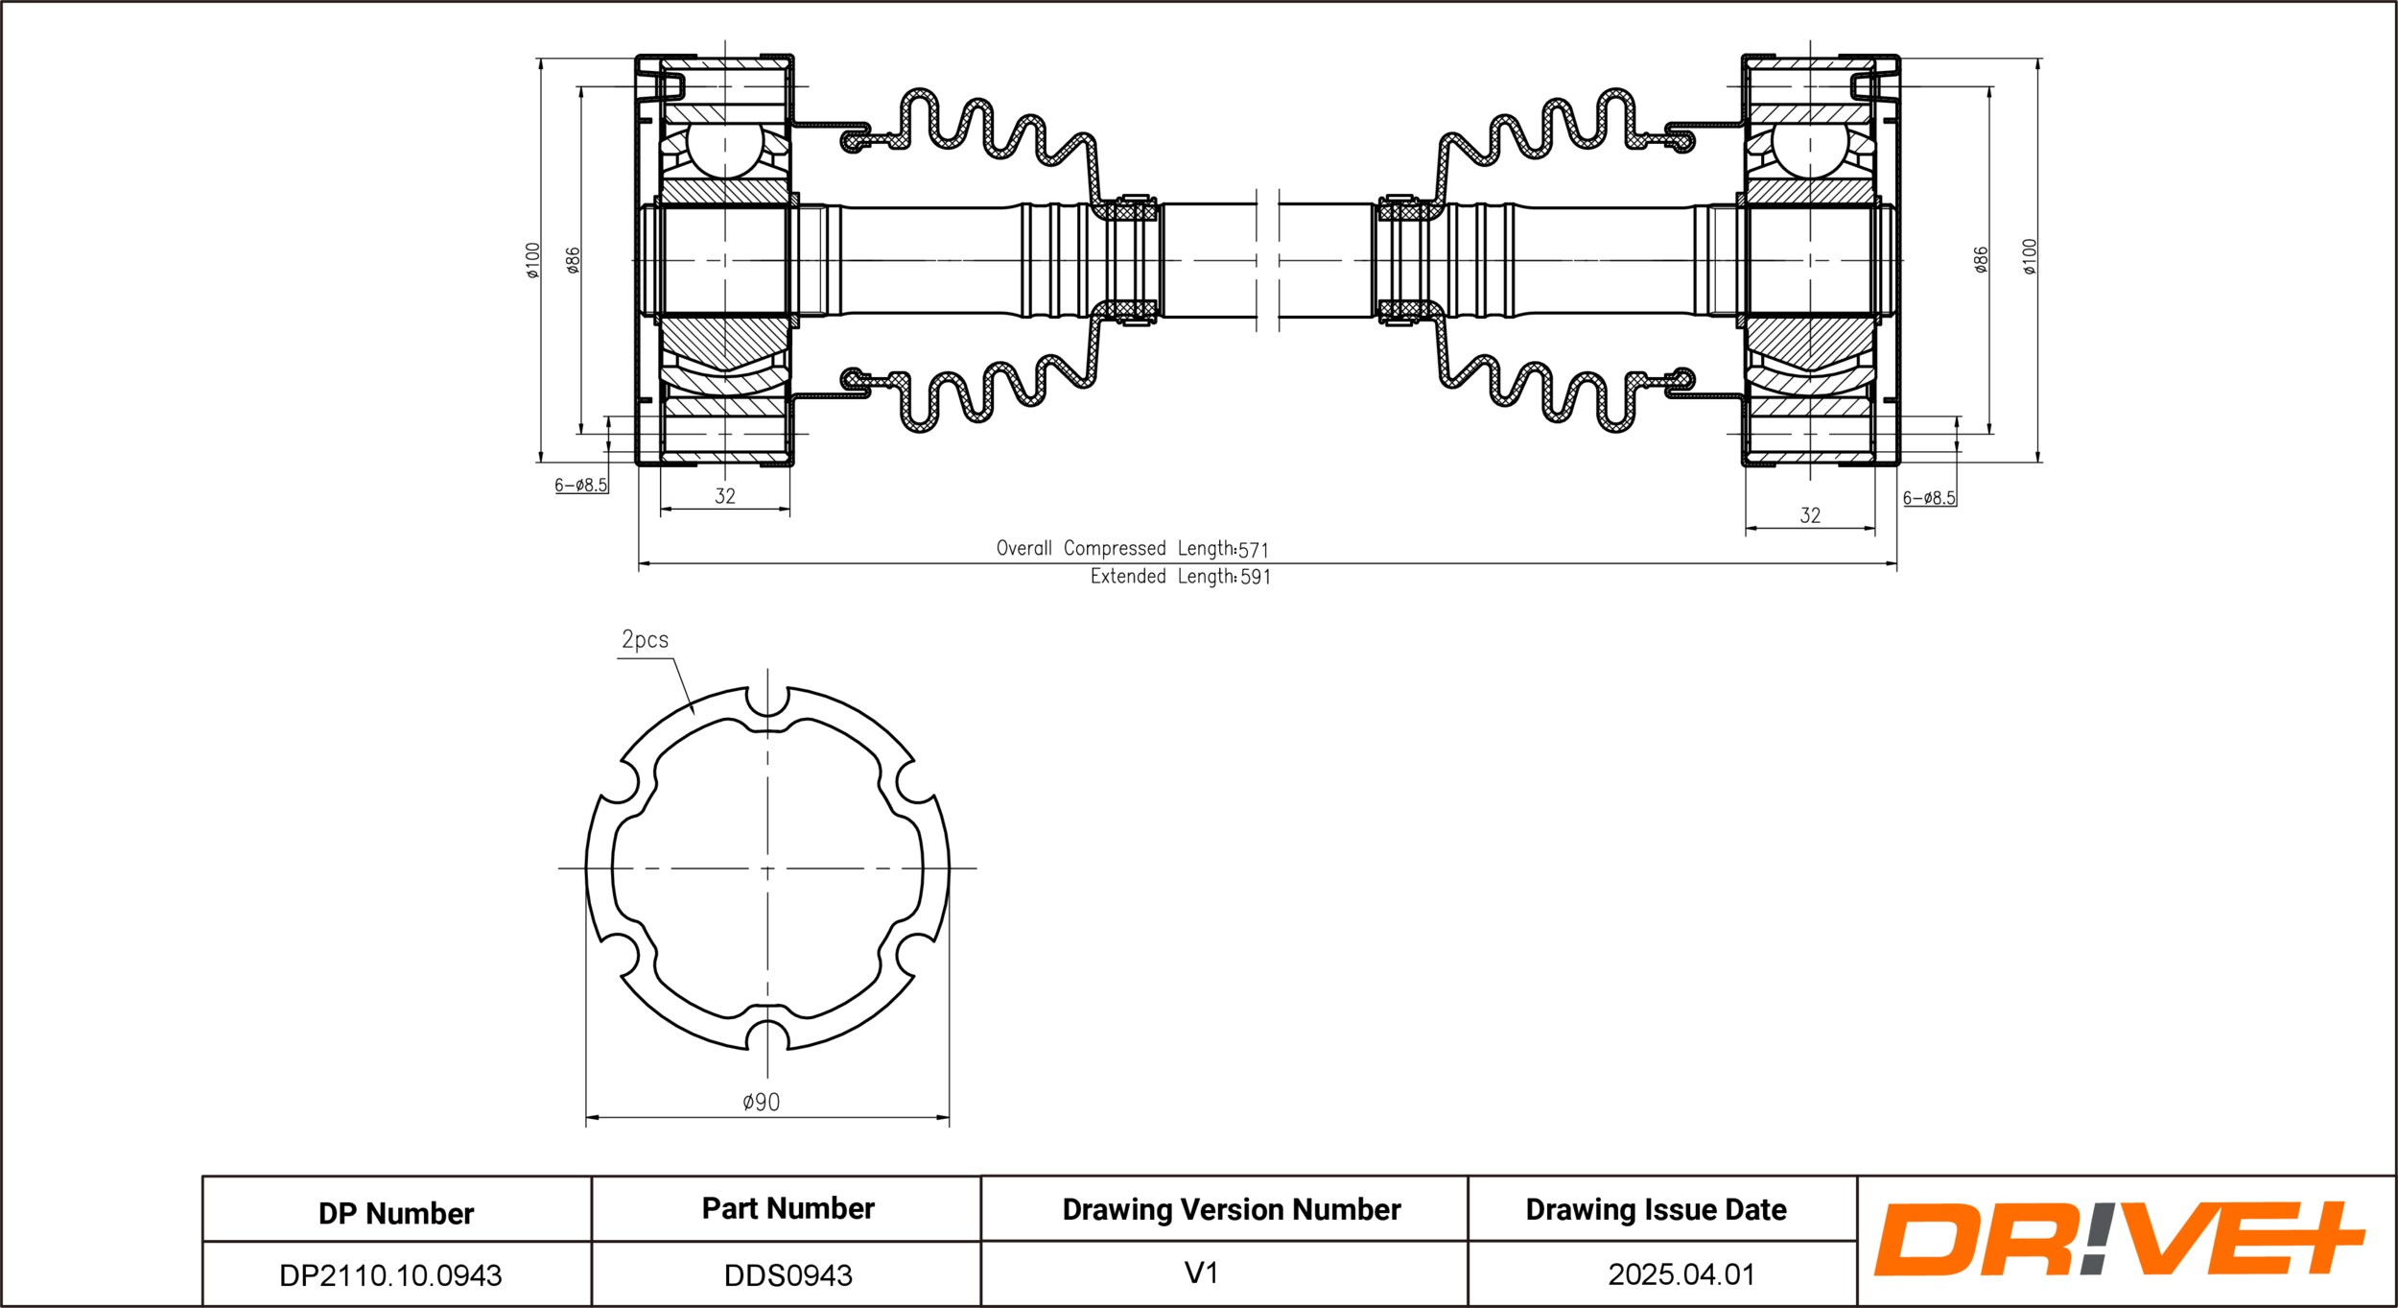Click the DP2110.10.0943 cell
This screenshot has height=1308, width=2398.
click(x=390, y=1275)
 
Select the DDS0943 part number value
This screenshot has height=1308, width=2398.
click(x=788, y=1275)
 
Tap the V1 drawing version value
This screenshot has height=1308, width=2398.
click(x=1201, y=1273)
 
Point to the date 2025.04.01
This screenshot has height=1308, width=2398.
click(x=1681, y=1274)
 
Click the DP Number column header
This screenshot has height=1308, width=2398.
click(x=396, y=1214)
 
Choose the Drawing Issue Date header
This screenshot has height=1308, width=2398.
click(x=1656, y=1210)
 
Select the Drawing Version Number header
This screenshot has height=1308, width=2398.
click(x=1231, y=1210)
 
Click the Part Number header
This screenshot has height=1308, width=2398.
click(x=788, y=1209)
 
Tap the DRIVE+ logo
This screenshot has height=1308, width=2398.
click(x=2119, y=1239)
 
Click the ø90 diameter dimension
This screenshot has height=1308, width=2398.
click(x=762, y=1103)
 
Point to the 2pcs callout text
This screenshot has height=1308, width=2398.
click(x=645, y=640)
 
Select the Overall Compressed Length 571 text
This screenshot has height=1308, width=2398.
click(x=1132, y=549)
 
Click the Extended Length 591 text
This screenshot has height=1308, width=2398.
click(x=1180, y=577)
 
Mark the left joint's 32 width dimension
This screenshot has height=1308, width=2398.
click(x=725, y=496)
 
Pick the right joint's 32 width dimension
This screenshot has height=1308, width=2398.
click(x=1810, y=515)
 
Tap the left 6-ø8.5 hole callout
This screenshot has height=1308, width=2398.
click(x=581, y=486)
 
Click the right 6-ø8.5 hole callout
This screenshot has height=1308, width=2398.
click(x=1929, y=498)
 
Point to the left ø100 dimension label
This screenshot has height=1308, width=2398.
click(x=533, y=260)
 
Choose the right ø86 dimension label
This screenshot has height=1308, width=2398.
click(x=1981, y=260)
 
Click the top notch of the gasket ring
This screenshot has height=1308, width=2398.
click(x=767, y=705)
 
